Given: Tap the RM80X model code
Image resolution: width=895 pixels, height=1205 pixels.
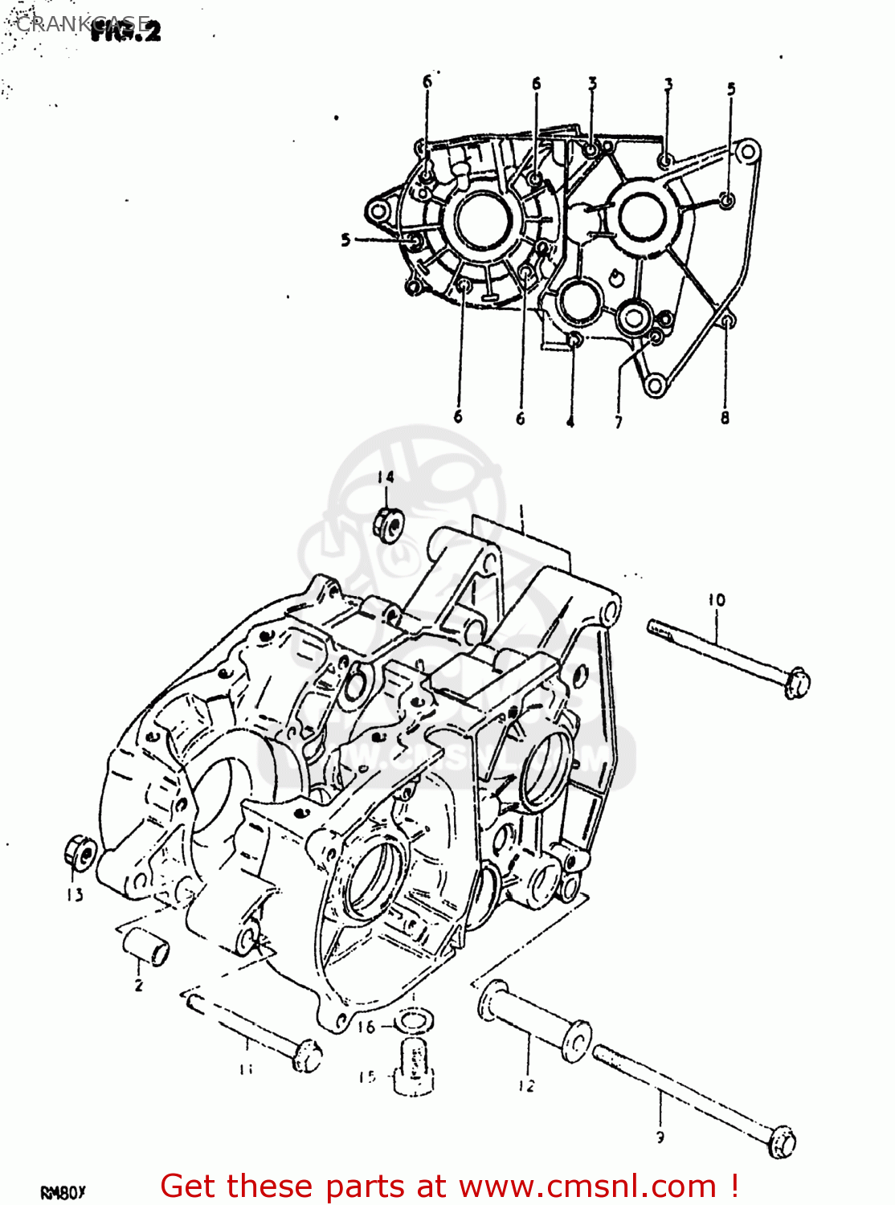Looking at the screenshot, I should point(63,1192).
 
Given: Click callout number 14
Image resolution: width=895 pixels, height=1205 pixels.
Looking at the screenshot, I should point(386,477).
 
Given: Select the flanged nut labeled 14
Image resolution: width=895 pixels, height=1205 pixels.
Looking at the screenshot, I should point(389,525).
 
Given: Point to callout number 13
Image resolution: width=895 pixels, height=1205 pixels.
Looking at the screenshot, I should point(75,895).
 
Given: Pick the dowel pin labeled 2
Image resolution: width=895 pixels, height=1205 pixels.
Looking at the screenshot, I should point(145,946).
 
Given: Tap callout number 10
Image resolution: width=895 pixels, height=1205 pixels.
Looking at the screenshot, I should point(717,599).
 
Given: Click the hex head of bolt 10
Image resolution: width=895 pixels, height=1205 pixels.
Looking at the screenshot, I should point(796,682).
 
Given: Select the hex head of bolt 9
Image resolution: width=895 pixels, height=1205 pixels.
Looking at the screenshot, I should point(782,1142).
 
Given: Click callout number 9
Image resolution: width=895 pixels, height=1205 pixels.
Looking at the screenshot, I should point(660,1137).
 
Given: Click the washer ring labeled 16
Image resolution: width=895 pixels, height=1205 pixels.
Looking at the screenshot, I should point(415,1023).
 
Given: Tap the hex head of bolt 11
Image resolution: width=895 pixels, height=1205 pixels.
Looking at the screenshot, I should point(306,1055).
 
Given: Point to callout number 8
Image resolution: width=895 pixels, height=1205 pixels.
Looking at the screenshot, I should point(725,418).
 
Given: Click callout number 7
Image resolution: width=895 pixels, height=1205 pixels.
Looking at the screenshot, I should point(618,422).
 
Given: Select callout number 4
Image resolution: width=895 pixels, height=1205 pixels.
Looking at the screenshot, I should point(570,422).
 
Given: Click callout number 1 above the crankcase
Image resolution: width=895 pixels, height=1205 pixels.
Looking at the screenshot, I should point(521,511).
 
